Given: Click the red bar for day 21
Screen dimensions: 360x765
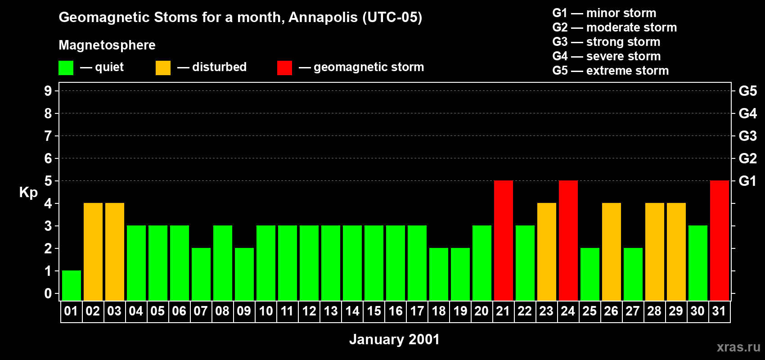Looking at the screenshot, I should coord(504,240).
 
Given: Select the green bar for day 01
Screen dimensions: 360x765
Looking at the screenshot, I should coord(72,285).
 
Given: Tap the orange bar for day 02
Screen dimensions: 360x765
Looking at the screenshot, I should coord(93,252).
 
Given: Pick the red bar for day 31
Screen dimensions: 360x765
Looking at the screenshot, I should coord(720,240).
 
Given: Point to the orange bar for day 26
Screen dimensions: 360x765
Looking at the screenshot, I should coord(612,252).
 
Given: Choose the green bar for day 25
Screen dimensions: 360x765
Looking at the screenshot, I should coord(590,274).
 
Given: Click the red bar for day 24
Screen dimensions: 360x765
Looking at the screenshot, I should coord(568,240).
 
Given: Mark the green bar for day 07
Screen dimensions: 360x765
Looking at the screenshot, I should coord(201,274).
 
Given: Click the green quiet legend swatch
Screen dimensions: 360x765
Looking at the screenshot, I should coord(66,68).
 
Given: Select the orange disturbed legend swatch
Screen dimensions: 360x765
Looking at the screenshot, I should coord(163,68).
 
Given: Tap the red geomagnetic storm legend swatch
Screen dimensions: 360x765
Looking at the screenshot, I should coord(284,68).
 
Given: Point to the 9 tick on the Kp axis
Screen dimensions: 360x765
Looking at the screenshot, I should coord(48,91).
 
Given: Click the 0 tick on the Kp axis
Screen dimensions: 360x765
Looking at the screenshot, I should coord(48,293).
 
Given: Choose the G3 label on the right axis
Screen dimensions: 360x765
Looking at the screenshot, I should coord(747,136).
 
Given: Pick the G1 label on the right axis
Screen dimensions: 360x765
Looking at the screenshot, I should coord(747,181).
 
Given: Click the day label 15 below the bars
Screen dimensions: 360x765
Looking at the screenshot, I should coord(374,311).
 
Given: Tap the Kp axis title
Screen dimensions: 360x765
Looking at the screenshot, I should coord(28,193).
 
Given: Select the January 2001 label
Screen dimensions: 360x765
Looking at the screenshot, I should coord(394,339).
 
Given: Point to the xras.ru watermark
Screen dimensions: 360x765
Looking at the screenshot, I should coord(738,347).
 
